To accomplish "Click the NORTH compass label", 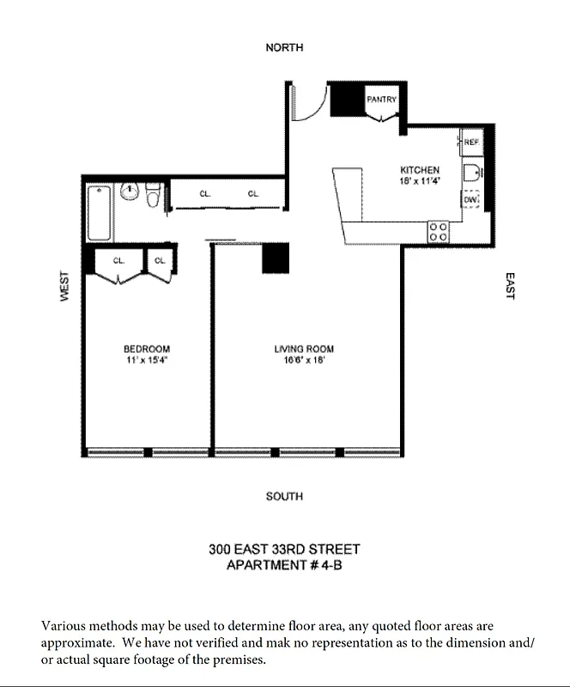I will (x=284, y=48).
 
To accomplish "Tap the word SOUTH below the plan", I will (x=284, y=496).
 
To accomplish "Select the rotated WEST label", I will (x=64, y=286).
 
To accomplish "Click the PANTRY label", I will (x=382, y=100).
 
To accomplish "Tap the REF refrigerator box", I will (x=471, y=142).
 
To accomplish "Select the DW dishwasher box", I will (x=470, y=199).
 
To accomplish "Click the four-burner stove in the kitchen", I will (x=438, y=230).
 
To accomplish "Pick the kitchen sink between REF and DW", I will (x=471, y=173).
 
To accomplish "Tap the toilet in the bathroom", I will (x=154, y=197).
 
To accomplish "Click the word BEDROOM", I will (x=147, y=349).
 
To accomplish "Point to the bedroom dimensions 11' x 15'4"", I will (x=147, y=360).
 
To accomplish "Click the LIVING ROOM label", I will (x=304, y=349).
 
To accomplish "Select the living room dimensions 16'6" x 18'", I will (x=304, y=360).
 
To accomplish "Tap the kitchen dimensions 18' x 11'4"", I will (x=419, y=181).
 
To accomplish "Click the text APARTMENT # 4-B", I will (x=284, y=564).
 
